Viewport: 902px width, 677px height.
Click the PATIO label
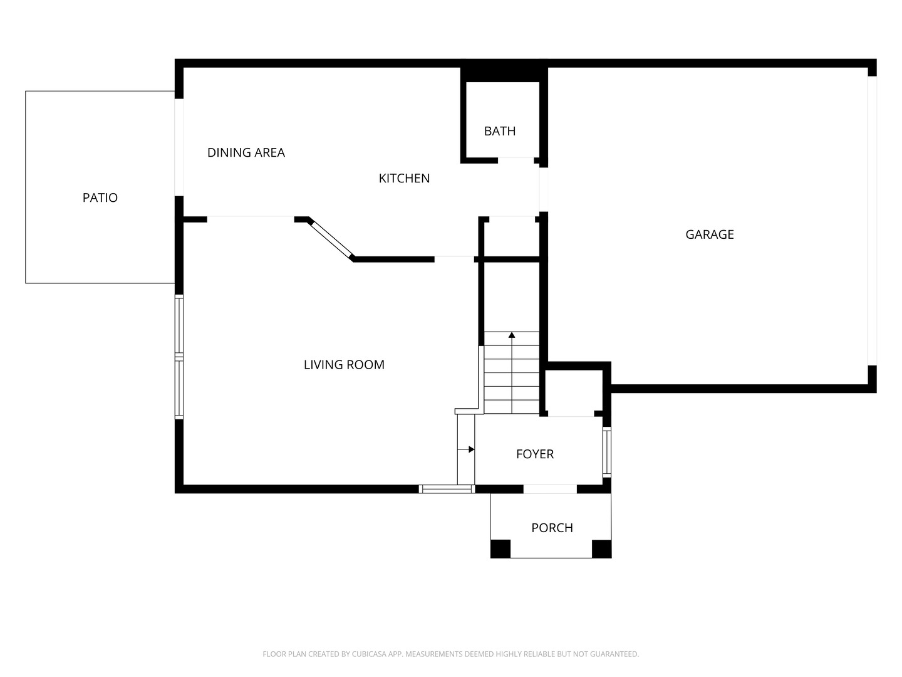[100, 197]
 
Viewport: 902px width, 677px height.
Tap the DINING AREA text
[246, 152]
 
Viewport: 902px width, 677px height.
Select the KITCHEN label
[404, 179]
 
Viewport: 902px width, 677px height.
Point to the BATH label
[500, 131]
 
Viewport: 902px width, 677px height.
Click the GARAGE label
[709, 234]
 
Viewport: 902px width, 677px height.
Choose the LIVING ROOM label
[344, 365]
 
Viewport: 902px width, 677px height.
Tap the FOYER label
[535, 454]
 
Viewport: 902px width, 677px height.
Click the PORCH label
[552, 528]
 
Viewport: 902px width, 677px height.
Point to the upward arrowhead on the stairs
[512, 335]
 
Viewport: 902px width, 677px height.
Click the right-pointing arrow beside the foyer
[466, 449]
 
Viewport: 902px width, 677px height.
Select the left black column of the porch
[500, 548]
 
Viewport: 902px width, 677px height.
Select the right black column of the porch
[601, 548]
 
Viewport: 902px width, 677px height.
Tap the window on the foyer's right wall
[607, 452]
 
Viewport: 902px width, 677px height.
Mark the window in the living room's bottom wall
[447, 489]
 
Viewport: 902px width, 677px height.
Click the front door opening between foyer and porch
[550, 489]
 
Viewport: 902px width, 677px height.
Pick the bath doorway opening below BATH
[516, 160]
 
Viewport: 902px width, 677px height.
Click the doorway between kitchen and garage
[543, 189]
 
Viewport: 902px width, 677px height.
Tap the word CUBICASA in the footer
[368, 654]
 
